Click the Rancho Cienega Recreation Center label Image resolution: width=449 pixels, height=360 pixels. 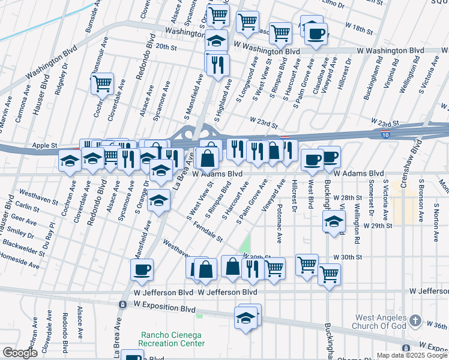(171, 339)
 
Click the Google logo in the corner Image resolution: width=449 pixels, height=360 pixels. (20, 353)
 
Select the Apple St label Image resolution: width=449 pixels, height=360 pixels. (44, 145)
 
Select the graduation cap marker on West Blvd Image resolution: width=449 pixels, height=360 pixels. (333, 221)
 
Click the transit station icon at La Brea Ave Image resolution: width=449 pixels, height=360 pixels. (122, 305)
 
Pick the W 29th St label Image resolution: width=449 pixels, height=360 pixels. (378, 226)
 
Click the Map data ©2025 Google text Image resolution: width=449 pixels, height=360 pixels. (411, 355)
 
